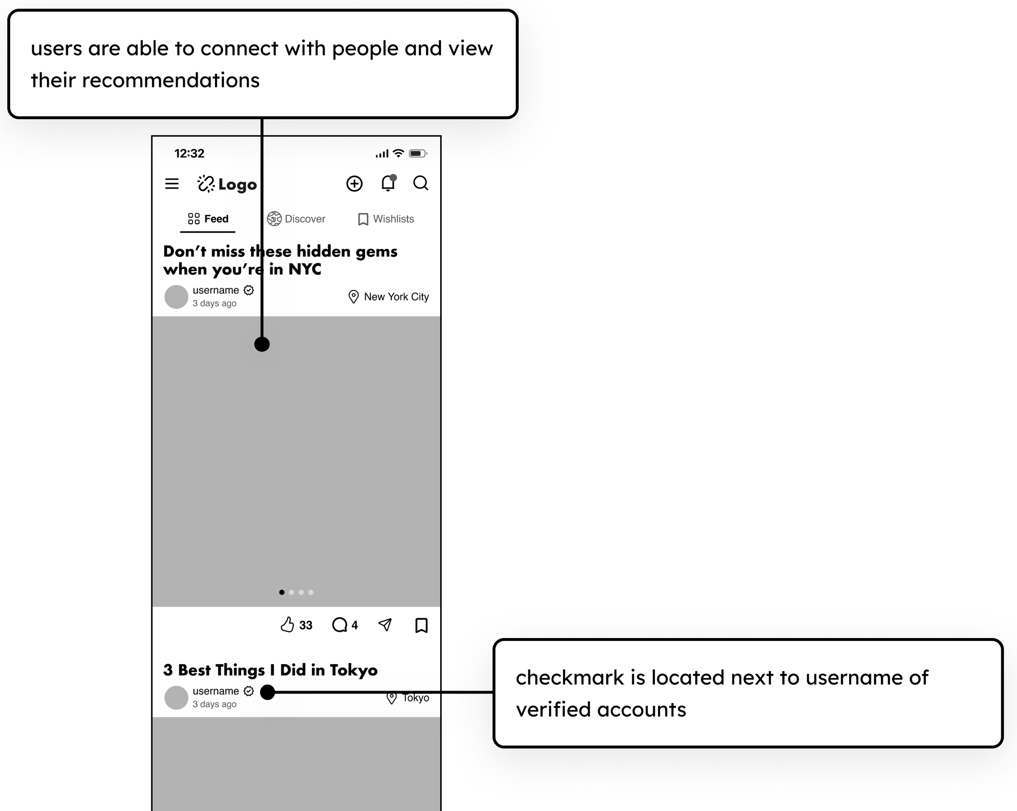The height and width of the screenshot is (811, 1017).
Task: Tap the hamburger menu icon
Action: [x=172, y=184]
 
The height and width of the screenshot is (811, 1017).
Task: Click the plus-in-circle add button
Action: [x=354, y=184]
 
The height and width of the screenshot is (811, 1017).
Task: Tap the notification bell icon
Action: [x=388, y=183]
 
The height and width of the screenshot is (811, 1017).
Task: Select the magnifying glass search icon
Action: [x=420, y=183]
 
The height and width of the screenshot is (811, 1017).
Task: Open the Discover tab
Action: [x=296, y=219]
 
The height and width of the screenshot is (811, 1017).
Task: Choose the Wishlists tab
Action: [x=386, y=219]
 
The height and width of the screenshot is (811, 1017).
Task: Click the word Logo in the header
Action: [x=237, y=184]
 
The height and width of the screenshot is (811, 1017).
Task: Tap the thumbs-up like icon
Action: [x=287, y=625]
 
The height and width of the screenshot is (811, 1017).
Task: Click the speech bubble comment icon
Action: [x=339, y=625]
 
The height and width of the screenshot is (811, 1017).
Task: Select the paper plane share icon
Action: [x=385, y=625]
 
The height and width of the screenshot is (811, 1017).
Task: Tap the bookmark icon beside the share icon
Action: [x=421, y=625]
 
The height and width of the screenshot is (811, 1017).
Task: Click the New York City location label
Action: [x=396, y=297]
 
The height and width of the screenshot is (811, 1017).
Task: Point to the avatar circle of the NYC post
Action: [x=177, y=297]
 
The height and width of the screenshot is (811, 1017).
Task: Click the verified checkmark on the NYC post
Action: [x=249, y=290]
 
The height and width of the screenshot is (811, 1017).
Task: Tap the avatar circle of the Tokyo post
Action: [x=177, y=697]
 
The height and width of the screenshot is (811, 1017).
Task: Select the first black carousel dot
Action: [x=282, y=592]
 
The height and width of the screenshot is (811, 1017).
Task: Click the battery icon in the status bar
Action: [x=417, y=153]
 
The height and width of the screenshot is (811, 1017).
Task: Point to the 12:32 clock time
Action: [x=189, y=153]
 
